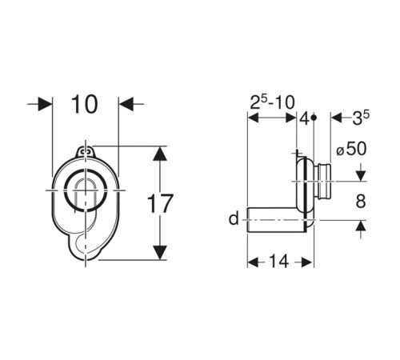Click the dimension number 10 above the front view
click(x=85, y=104)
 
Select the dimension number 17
click(x=160, y=203)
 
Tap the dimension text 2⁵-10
click(x=272, y=102)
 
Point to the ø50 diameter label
click(x=351, y=149)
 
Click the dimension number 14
click(x=279, y=262)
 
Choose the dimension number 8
click(x=361, y=201)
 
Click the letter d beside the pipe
click(x=234, y=219)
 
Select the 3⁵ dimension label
click(x=361, y=118)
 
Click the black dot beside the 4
click(x=314, y=118)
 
